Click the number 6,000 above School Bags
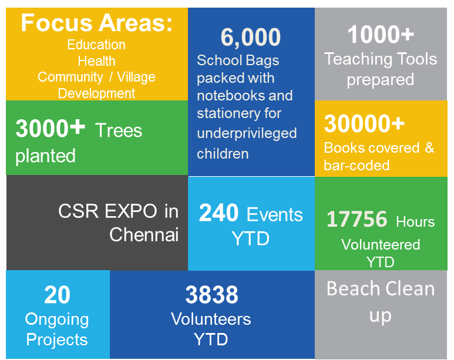point(251,38)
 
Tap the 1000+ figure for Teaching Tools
point(381,35)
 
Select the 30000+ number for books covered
point(364,124)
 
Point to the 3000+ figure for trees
point(50,128)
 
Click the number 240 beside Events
point(218,213)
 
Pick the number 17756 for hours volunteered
point(357,219)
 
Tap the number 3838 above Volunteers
point(211,295)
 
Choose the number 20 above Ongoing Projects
point(57,295)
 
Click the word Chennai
point(144,234)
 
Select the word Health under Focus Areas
point(96,61)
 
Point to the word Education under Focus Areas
point(96,45)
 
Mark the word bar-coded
point(357,166)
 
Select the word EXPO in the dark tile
point(130,211)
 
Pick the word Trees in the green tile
point(119,130)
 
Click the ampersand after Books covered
point(430,148)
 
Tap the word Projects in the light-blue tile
point(57,340)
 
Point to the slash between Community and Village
point(111,77)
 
